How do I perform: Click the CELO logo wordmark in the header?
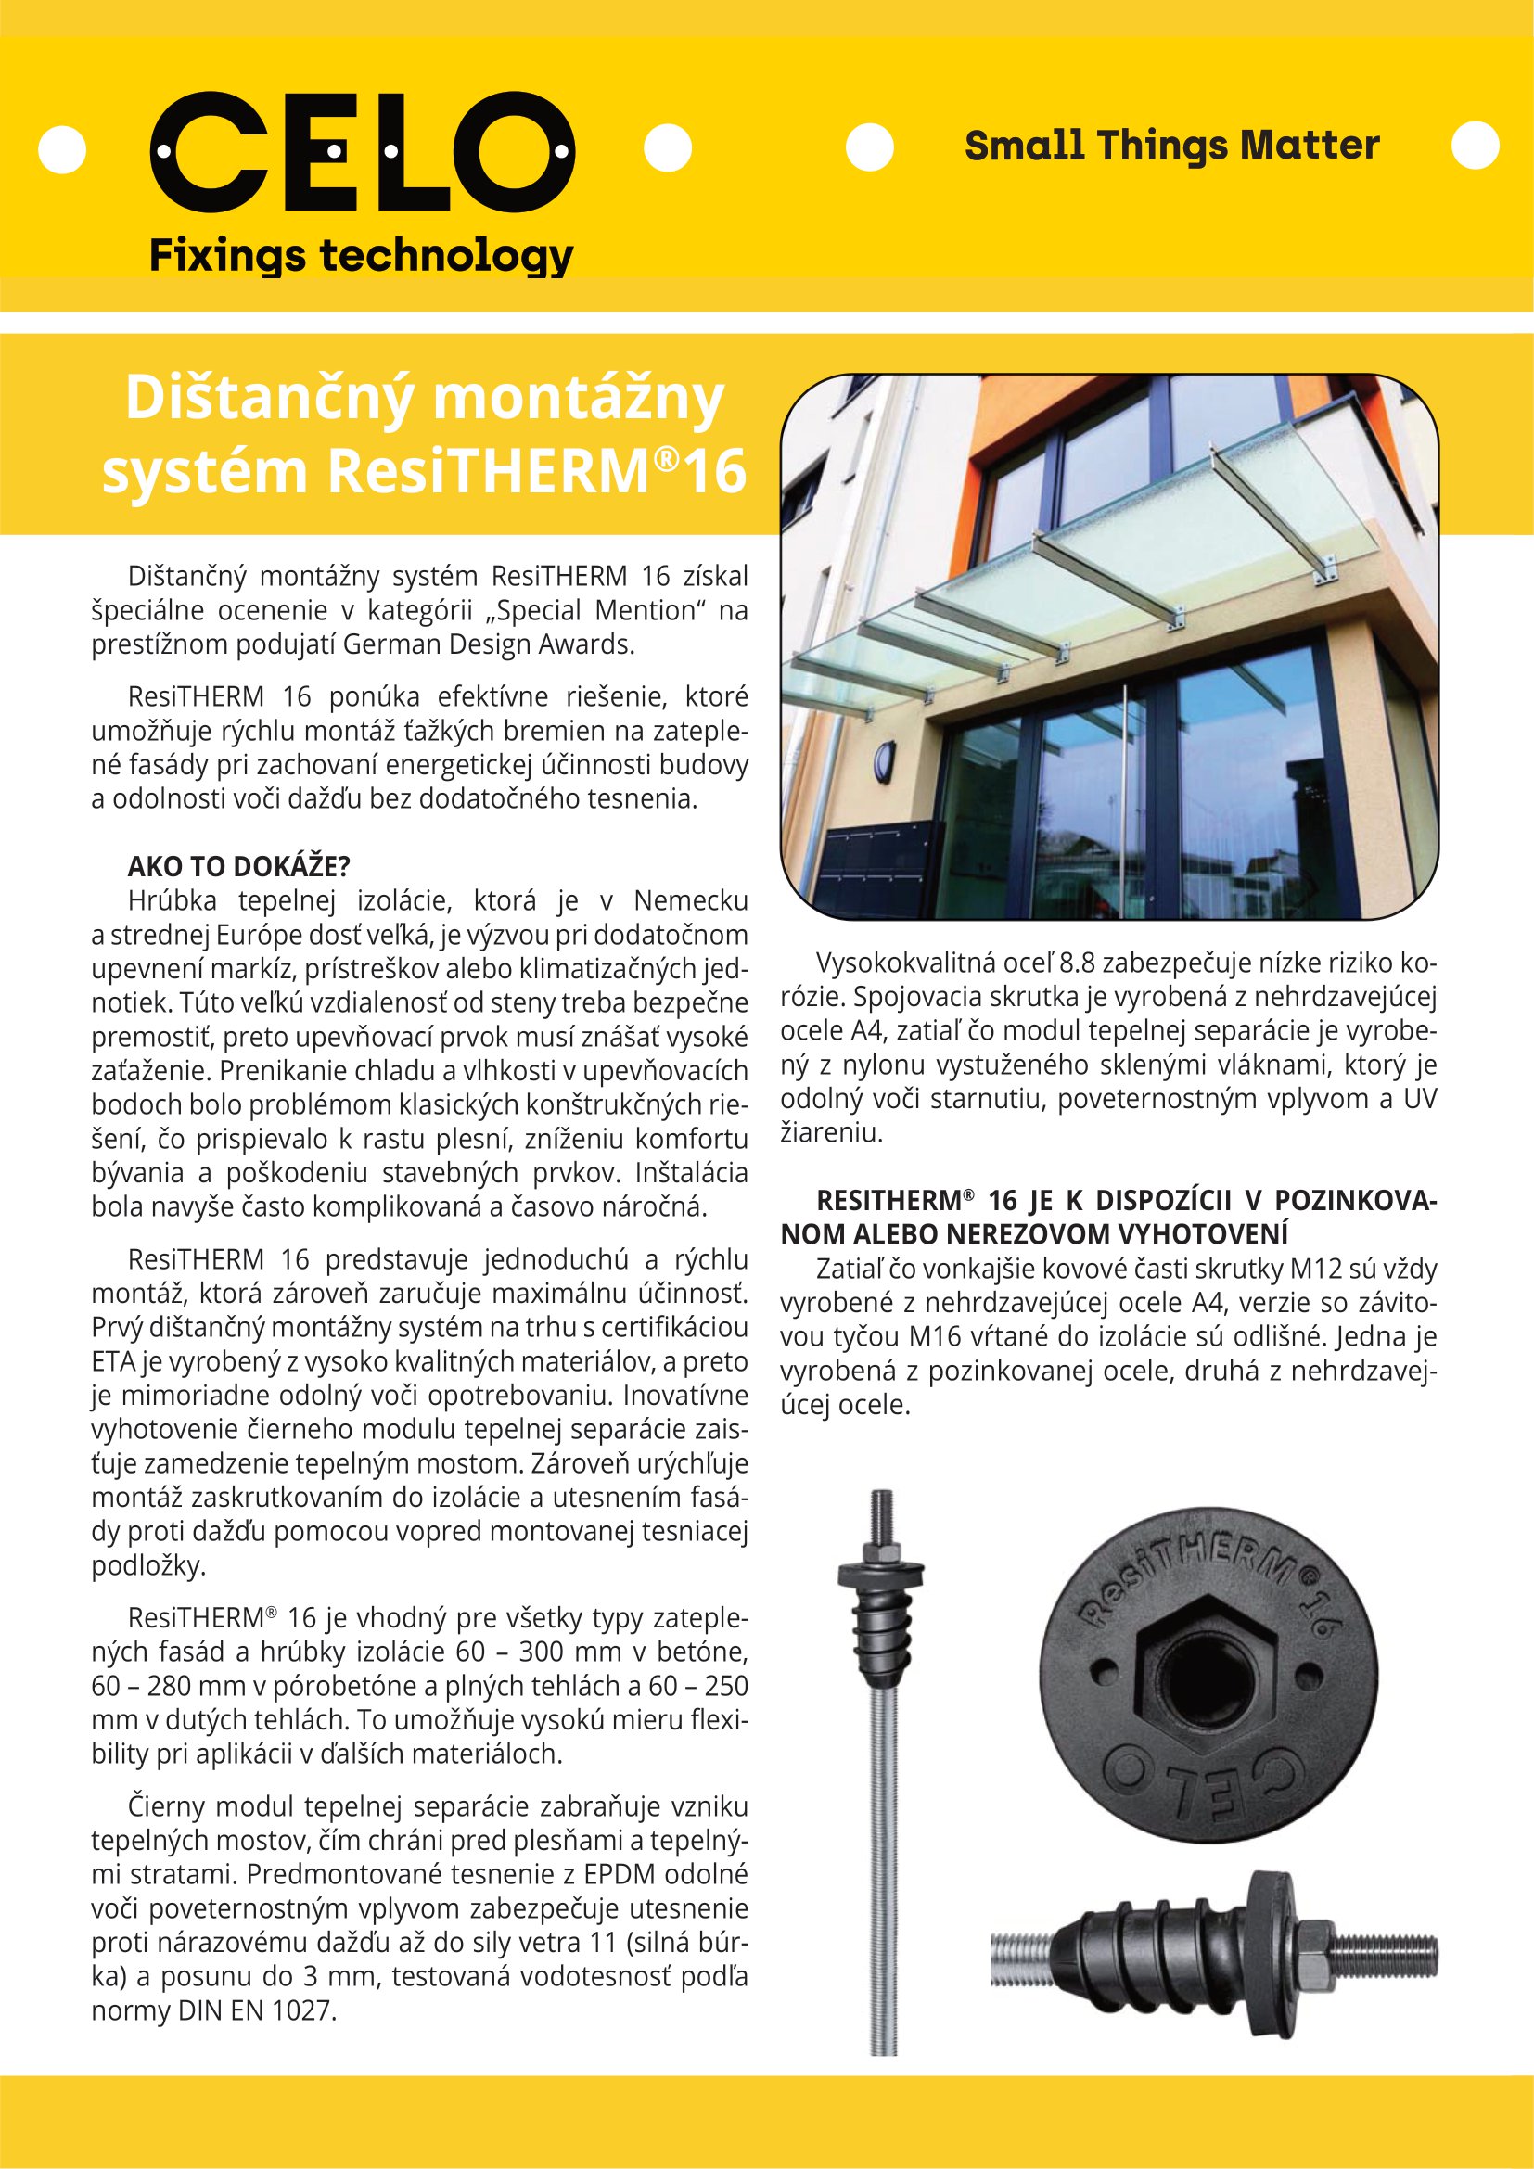click(362, 151)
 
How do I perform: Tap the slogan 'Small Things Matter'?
click(1171, 146)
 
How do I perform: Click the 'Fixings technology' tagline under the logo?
click(362, 256)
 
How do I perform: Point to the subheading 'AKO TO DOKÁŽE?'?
click(239, 866)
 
